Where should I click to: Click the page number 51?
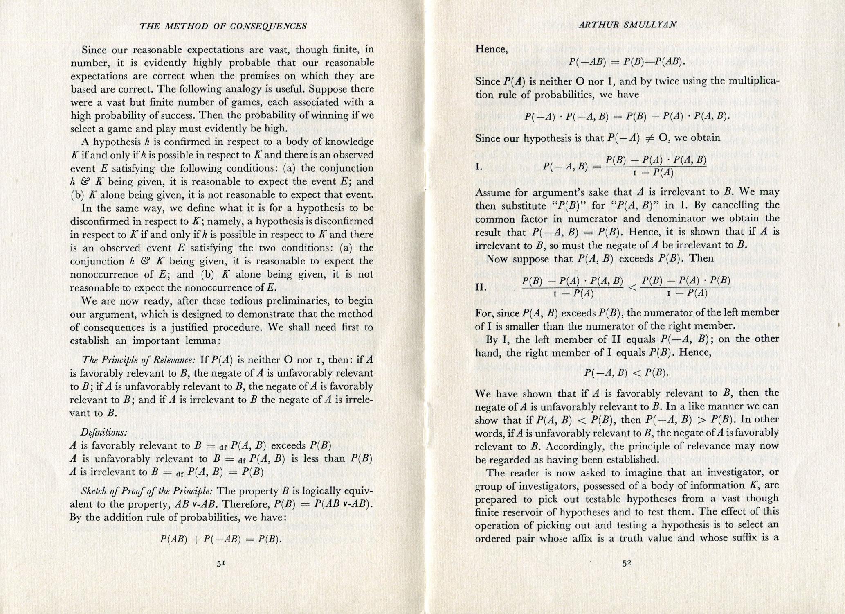coord(221,563)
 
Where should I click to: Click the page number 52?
coord(627,563)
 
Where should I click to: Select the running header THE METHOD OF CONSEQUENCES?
coord(223,27)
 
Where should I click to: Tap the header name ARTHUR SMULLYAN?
coord(627,25)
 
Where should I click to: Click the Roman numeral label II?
coord(481,287)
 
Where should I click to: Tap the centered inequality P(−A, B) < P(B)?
coord(627,373)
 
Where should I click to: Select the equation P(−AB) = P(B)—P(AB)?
coord(627,62)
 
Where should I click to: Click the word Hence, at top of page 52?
coord(491,49)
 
